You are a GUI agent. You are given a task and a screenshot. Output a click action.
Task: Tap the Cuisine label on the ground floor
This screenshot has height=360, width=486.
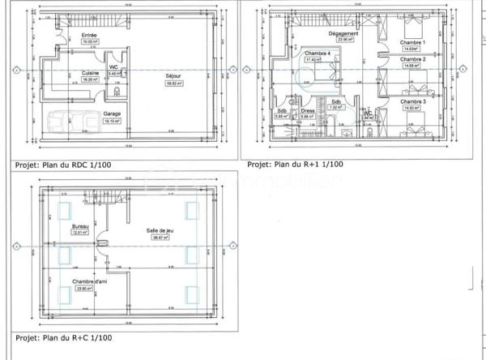(89, 73)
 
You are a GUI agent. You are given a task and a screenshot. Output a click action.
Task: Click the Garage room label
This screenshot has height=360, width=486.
(112, 114)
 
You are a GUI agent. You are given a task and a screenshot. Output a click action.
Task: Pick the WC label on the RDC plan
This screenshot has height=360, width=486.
(114, 67)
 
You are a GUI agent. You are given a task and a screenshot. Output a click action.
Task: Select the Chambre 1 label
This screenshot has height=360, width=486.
(413, 42)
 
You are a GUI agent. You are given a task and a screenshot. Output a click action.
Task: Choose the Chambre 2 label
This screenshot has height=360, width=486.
(413, 59)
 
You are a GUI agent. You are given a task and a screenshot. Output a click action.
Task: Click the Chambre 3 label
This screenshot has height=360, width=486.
(413, 101)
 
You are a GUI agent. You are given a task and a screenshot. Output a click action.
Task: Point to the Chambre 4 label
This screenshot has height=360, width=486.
(317, 54)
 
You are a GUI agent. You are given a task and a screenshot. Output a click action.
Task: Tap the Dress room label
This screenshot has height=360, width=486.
(307, 111)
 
